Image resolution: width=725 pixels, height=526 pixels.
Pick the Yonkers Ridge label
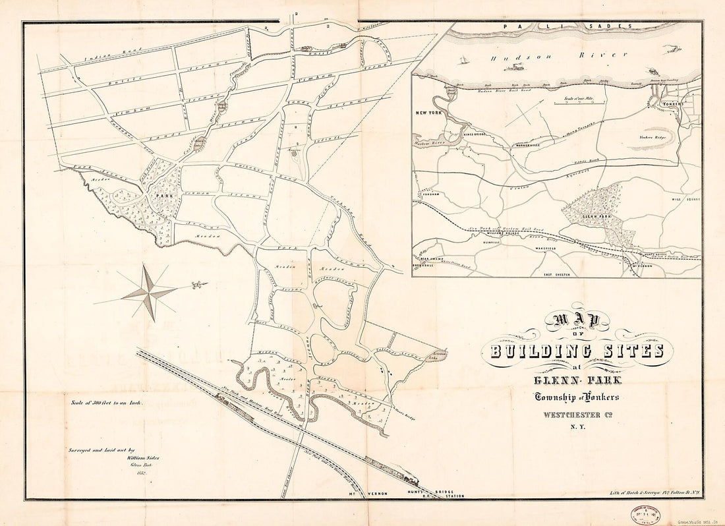pos(652,137)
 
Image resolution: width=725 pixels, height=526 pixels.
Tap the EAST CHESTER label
pos(556,272)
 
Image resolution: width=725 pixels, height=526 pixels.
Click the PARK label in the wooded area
pos(159,196)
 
